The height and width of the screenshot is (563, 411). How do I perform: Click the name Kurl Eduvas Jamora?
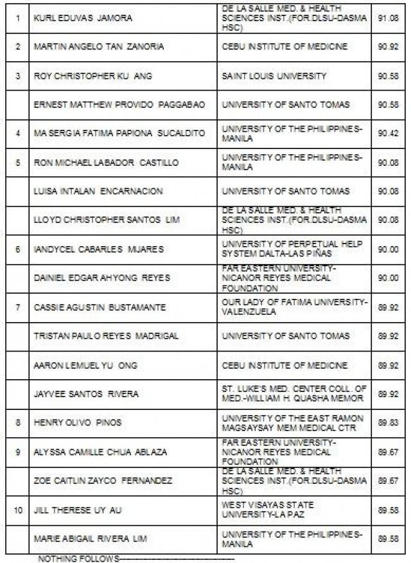83,18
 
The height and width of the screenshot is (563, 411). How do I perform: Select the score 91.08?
389,18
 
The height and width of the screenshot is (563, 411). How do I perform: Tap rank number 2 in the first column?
18,47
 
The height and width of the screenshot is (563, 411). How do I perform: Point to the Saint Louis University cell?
274,76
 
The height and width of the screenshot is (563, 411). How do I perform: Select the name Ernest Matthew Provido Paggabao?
119,105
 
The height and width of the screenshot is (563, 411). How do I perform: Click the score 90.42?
389,133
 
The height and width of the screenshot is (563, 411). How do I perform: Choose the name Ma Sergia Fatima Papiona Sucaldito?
119,133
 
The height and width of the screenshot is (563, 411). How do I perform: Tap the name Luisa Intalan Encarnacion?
98,191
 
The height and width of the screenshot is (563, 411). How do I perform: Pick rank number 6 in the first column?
18,249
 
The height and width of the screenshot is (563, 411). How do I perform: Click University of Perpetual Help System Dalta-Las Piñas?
292,249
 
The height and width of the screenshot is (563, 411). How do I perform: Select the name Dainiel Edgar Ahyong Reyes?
102,278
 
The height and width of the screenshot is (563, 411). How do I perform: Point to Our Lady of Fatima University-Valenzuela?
295,307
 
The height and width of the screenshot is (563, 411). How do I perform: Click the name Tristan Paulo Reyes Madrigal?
106,335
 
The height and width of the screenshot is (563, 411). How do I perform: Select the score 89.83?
389,422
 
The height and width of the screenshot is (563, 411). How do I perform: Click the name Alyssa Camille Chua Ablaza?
100,452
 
